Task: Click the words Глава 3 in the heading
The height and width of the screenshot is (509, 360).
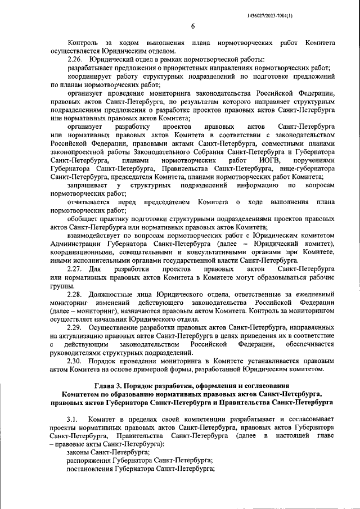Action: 109,386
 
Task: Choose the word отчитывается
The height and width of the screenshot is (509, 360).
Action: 88,202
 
